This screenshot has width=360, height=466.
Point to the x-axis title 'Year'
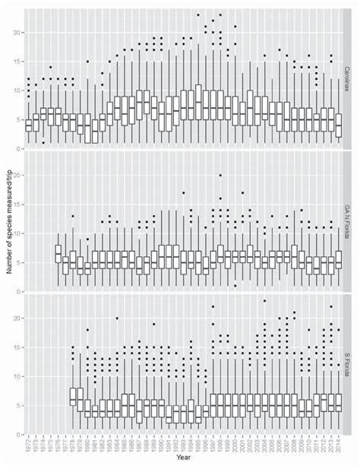pos(183,458)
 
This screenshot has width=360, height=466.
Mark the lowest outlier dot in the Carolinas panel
pos(43,142)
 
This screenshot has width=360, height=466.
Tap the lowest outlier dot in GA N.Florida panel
pos(235,286)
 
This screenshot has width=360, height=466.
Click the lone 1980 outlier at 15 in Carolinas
pos(87,62)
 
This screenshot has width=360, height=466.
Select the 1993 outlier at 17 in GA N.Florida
pos(183,193)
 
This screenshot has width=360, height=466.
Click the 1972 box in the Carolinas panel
pos(29,125)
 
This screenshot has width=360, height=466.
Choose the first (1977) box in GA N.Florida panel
pos(58,254)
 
